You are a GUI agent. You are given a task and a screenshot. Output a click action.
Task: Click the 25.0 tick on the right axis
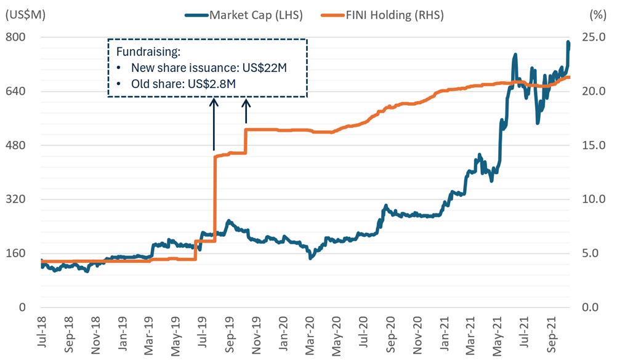click(594, 37)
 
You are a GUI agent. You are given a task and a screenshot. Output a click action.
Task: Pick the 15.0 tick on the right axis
click(594, 145)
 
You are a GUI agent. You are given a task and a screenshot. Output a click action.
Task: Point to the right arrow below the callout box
click(246, 111)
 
